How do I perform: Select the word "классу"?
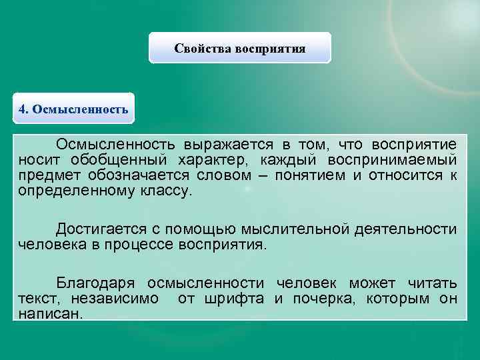click(165, 191)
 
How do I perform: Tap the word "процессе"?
click(138, 244)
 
